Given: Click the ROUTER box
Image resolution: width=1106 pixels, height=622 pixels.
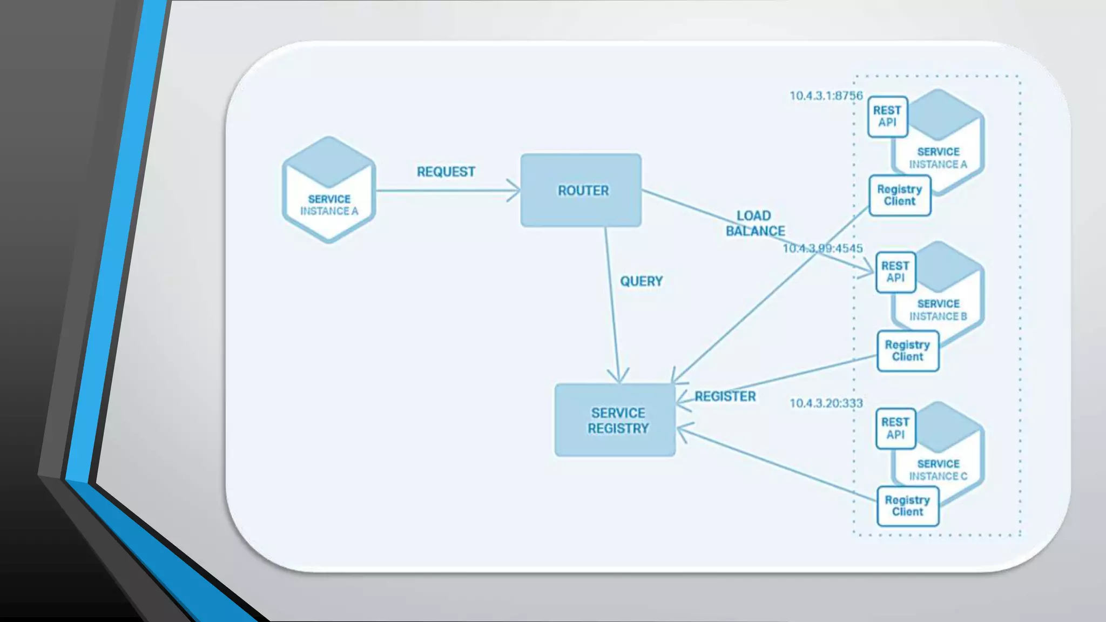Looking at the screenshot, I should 581,190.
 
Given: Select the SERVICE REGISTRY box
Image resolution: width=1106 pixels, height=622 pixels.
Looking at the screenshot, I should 615,420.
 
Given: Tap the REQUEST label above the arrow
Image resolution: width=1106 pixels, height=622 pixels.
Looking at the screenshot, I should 446,172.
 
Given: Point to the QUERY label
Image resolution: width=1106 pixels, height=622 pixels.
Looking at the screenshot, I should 641,281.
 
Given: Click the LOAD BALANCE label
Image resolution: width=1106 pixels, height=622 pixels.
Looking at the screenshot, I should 755,224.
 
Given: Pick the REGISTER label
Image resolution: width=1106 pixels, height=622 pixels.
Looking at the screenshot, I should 725,396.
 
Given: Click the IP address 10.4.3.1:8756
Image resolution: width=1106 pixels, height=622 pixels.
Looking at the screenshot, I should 826,96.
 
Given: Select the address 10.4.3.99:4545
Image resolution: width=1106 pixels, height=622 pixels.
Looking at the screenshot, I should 822,248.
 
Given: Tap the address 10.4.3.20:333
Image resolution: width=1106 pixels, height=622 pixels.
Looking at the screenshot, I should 826,403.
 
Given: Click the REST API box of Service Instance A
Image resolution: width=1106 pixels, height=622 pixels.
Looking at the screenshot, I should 887,117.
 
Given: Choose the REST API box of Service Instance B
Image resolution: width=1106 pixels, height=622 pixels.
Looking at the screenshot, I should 895,272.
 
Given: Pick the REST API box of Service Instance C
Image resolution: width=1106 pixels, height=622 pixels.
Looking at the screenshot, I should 895,428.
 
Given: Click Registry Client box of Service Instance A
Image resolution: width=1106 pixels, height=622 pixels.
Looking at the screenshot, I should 900,195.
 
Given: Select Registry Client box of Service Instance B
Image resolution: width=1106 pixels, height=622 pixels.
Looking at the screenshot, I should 907,351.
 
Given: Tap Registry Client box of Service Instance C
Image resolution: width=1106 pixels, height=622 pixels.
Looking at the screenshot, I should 907,506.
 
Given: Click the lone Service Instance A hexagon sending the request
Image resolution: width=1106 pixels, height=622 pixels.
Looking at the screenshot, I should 329,190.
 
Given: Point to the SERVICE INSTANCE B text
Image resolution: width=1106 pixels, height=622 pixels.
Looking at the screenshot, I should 938,310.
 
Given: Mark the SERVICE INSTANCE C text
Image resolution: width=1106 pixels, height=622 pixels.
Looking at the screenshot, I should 938,470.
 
